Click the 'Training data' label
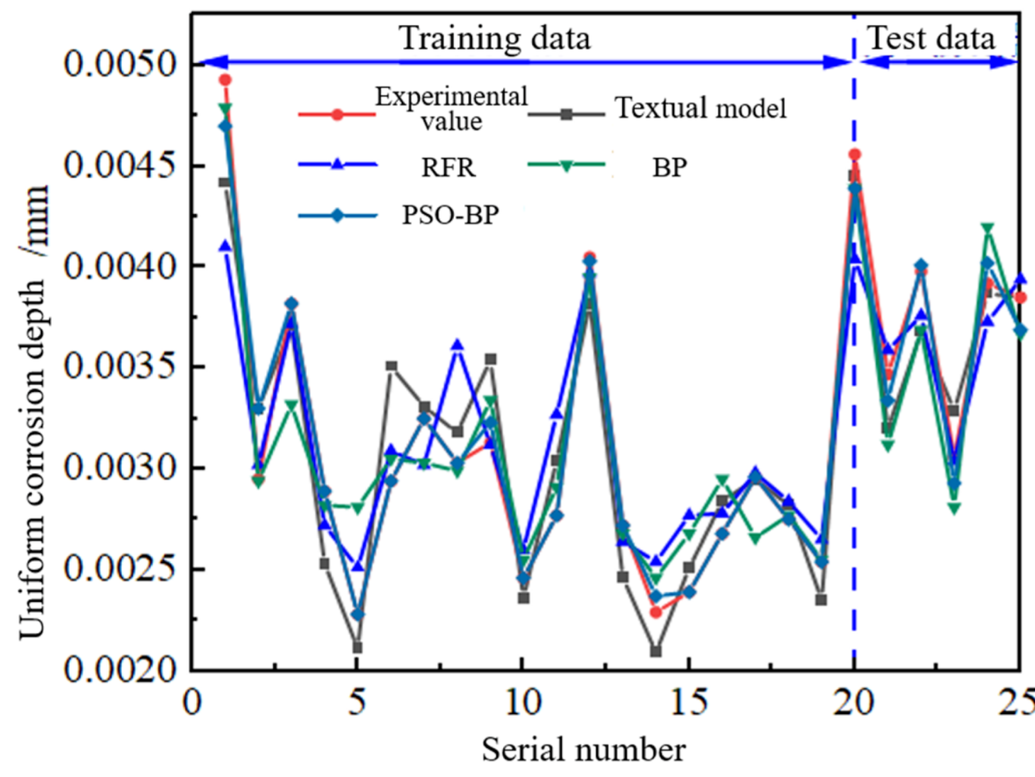[494, 38]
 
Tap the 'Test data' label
[930, 38]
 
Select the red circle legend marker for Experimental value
[337, 114]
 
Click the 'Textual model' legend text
[700, 108]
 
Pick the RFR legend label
[448, 167]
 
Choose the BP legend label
[669, 167]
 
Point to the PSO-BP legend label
[450, 215]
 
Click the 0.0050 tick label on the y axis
[120, 64]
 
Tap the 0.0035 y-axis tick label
[120, 366]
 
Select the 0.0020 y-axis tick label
[120, 669]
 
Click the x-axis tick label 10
[522, 702]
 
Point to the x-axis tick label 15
[688, 702]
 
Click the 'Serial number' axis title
[583, 750]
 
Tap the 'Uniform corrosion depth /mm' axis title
[33, 409]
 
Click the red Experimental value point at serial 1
[225, 80]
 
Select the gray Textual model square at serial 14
[655, 651]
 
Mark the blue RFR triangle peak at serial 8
[457, 345]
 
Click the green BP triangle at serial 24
[987, 228]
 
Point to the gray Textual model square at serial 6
[391, 366]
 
